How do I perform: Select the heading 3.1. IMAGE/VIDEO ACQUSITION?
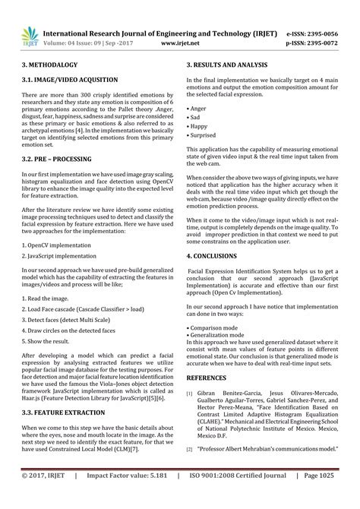(x=69, y=79)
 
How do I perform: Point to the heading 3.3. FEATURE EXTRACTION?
(x=63, y=413)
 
